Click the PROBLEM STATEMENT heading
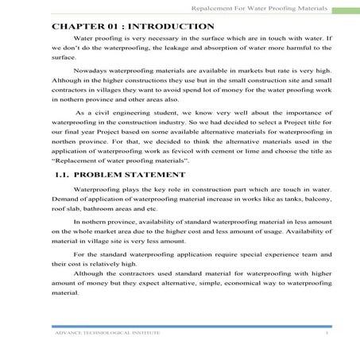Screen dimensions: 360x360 click(x=132, y=174)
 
